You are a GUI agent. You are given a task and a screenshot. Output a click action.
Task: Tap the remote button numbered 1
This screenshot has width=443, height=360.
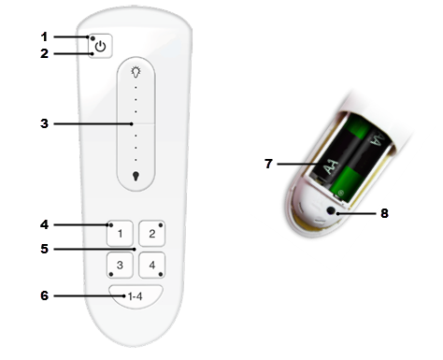click(x=121, y=231)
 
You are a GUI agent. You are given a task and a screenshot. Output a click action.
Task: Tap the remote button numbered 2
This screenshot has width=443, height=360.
click(x=152, y=231)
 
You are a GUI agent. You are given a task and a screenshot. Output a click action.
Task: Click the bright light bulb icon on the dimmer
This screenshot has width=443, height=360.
click(x=136, y=72)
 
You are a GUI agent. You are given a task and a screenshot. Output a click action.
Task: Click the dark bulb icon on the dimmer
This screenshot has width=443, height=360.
click(x=136, y=174)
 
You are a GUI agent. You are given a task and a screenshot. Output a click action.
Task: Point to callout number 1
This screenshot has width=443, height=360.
click(x=43, y=36)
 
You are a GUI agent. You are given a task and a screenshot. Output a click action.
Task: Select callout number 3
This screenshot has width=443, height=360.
click(x=43, y=122)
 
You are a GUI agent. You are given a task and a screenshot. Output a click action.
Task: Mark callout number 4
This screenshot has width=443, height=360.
click(x=43, y=224)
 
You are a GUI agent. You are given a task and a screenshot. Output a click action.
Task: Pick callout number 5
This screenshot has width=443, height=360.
click(x=43, y=249)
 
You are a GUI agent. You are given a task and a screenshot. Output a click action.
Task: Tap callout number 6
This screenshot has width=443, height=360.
click(x=43, y=295)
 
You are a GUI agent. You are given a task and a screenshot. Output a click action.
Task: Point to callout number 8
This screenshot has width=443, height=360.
click(x=383, y=213)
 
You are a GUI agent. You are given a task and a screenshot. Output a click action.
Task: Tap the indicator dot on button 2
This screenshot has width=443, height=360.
click(x=161, y=224)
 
